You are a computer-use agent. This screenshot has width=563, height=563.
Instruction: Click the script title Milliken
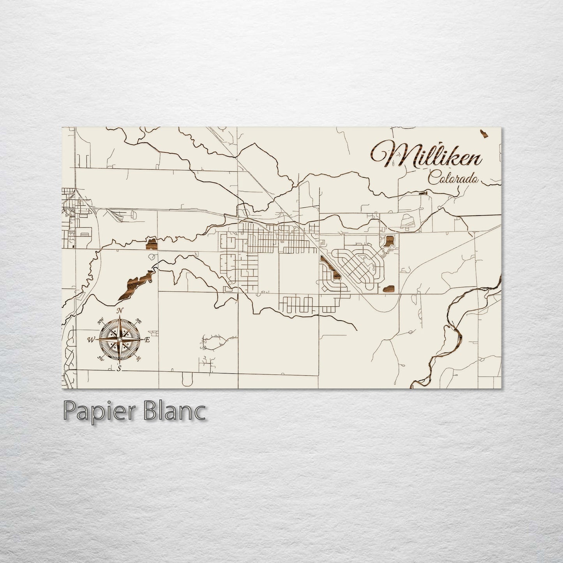point(427,155)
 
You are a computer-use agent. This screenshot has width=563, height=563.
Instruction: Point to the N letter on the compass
point(120,311)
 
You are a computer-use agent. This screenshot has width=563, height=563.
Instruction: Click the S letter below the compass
point(119,368)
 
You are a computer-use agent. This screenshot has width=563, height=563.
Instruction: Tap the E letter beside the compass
point(147,340)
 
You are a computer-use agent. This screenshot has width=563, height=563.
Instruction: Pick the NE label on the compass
point(138,321)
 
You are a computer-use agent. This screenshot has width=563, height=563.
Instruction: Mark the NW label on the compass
point(101,321)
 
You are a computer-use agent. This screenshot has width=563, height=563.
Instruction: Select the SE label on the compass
point(138,358)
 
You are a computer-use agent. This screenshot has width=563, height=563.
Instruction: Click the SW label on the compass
point(101,358)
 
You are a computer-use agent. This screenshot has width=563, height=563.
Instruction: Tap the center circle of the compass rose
point(119,340)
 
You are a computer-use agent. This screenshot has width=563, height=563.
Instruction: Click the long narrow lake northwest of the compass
point(134,284)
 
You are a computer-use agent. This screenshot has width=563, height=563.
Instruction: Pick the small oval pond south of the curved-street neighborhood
point(389,288)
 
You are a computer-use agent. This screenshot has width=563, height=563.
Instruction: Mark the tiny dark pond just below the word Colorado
point(423,192)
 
